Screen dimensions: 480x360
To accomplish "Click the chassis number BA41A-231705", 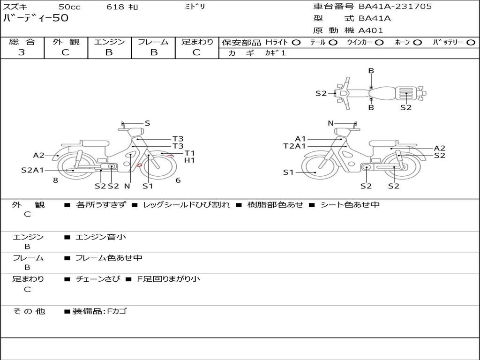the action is pyautogui.click(x=395, y=7).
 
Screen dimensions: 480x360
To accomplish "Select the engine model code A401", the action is pyautogui.click(x=370, y=30).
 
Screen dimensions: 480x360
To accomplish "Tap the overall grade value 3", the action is pyautogui.click(x=22, y=52).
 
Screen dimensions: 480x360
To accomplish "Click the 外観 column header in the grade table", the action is pyautogui.click(x=66, y=42).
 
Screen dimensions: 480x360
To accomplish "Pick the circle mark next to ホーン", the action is pyautogui.click(x=417, y=43).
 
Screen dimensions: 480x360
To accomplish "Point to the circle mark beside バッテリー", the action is pyautogui.click(x=471, y=43).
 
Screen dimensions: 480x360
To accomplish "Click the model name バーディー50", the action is pyautogui.click(x=36, y=18).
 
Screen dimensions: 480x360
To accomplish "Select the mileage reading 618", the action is pyautogui.click(x=115, y=7).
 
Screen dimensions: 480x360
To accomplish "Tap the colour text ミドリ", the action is pyautogui.click(x=195, y=7).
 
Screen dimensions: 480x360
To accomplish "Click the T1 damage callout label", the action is pyautogui.click(x=189, y=153).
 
